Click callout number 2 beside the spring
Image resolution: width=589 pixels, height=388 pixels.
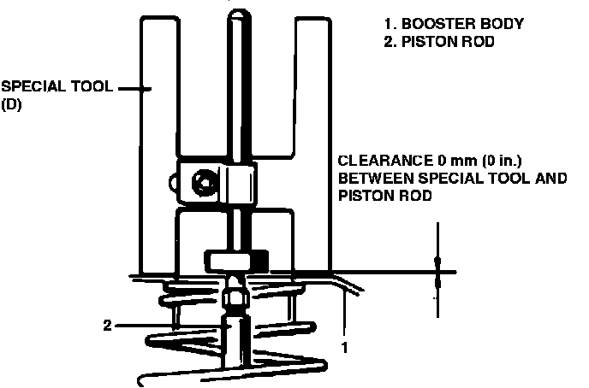click(107, 325)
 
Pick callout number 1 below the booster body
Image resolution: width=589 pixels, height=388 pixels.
click(344, 348)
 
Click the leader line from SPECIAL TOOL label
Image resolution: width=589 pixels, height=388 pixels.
click(132, 87)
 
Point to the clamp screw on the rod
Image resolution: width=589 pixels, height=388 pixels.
click(204, 182)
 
